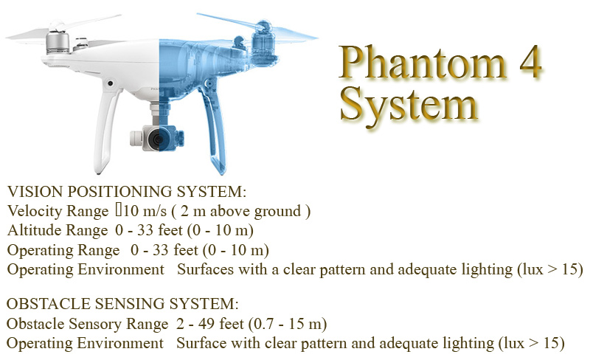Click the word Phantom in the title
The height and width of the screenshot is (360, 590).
422,62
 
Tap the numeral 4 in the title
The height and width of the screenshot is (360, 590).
530,61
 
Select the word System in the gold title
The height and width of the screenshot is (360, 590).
409,103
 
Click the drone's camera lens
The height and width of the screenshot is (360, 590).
157,139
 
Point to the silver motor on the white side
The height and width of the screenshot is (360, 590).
58,43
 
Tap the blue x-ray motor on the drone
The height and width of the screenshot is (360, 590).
262,41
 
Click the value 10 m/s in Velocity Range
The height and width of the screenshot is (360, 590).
145,211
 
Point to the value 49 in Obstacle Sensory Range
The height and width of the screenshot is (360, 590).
206,324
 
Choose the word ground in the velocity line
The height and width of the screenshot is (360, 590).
278,212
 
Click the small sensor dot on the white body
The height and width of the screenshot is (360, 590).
110,83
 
